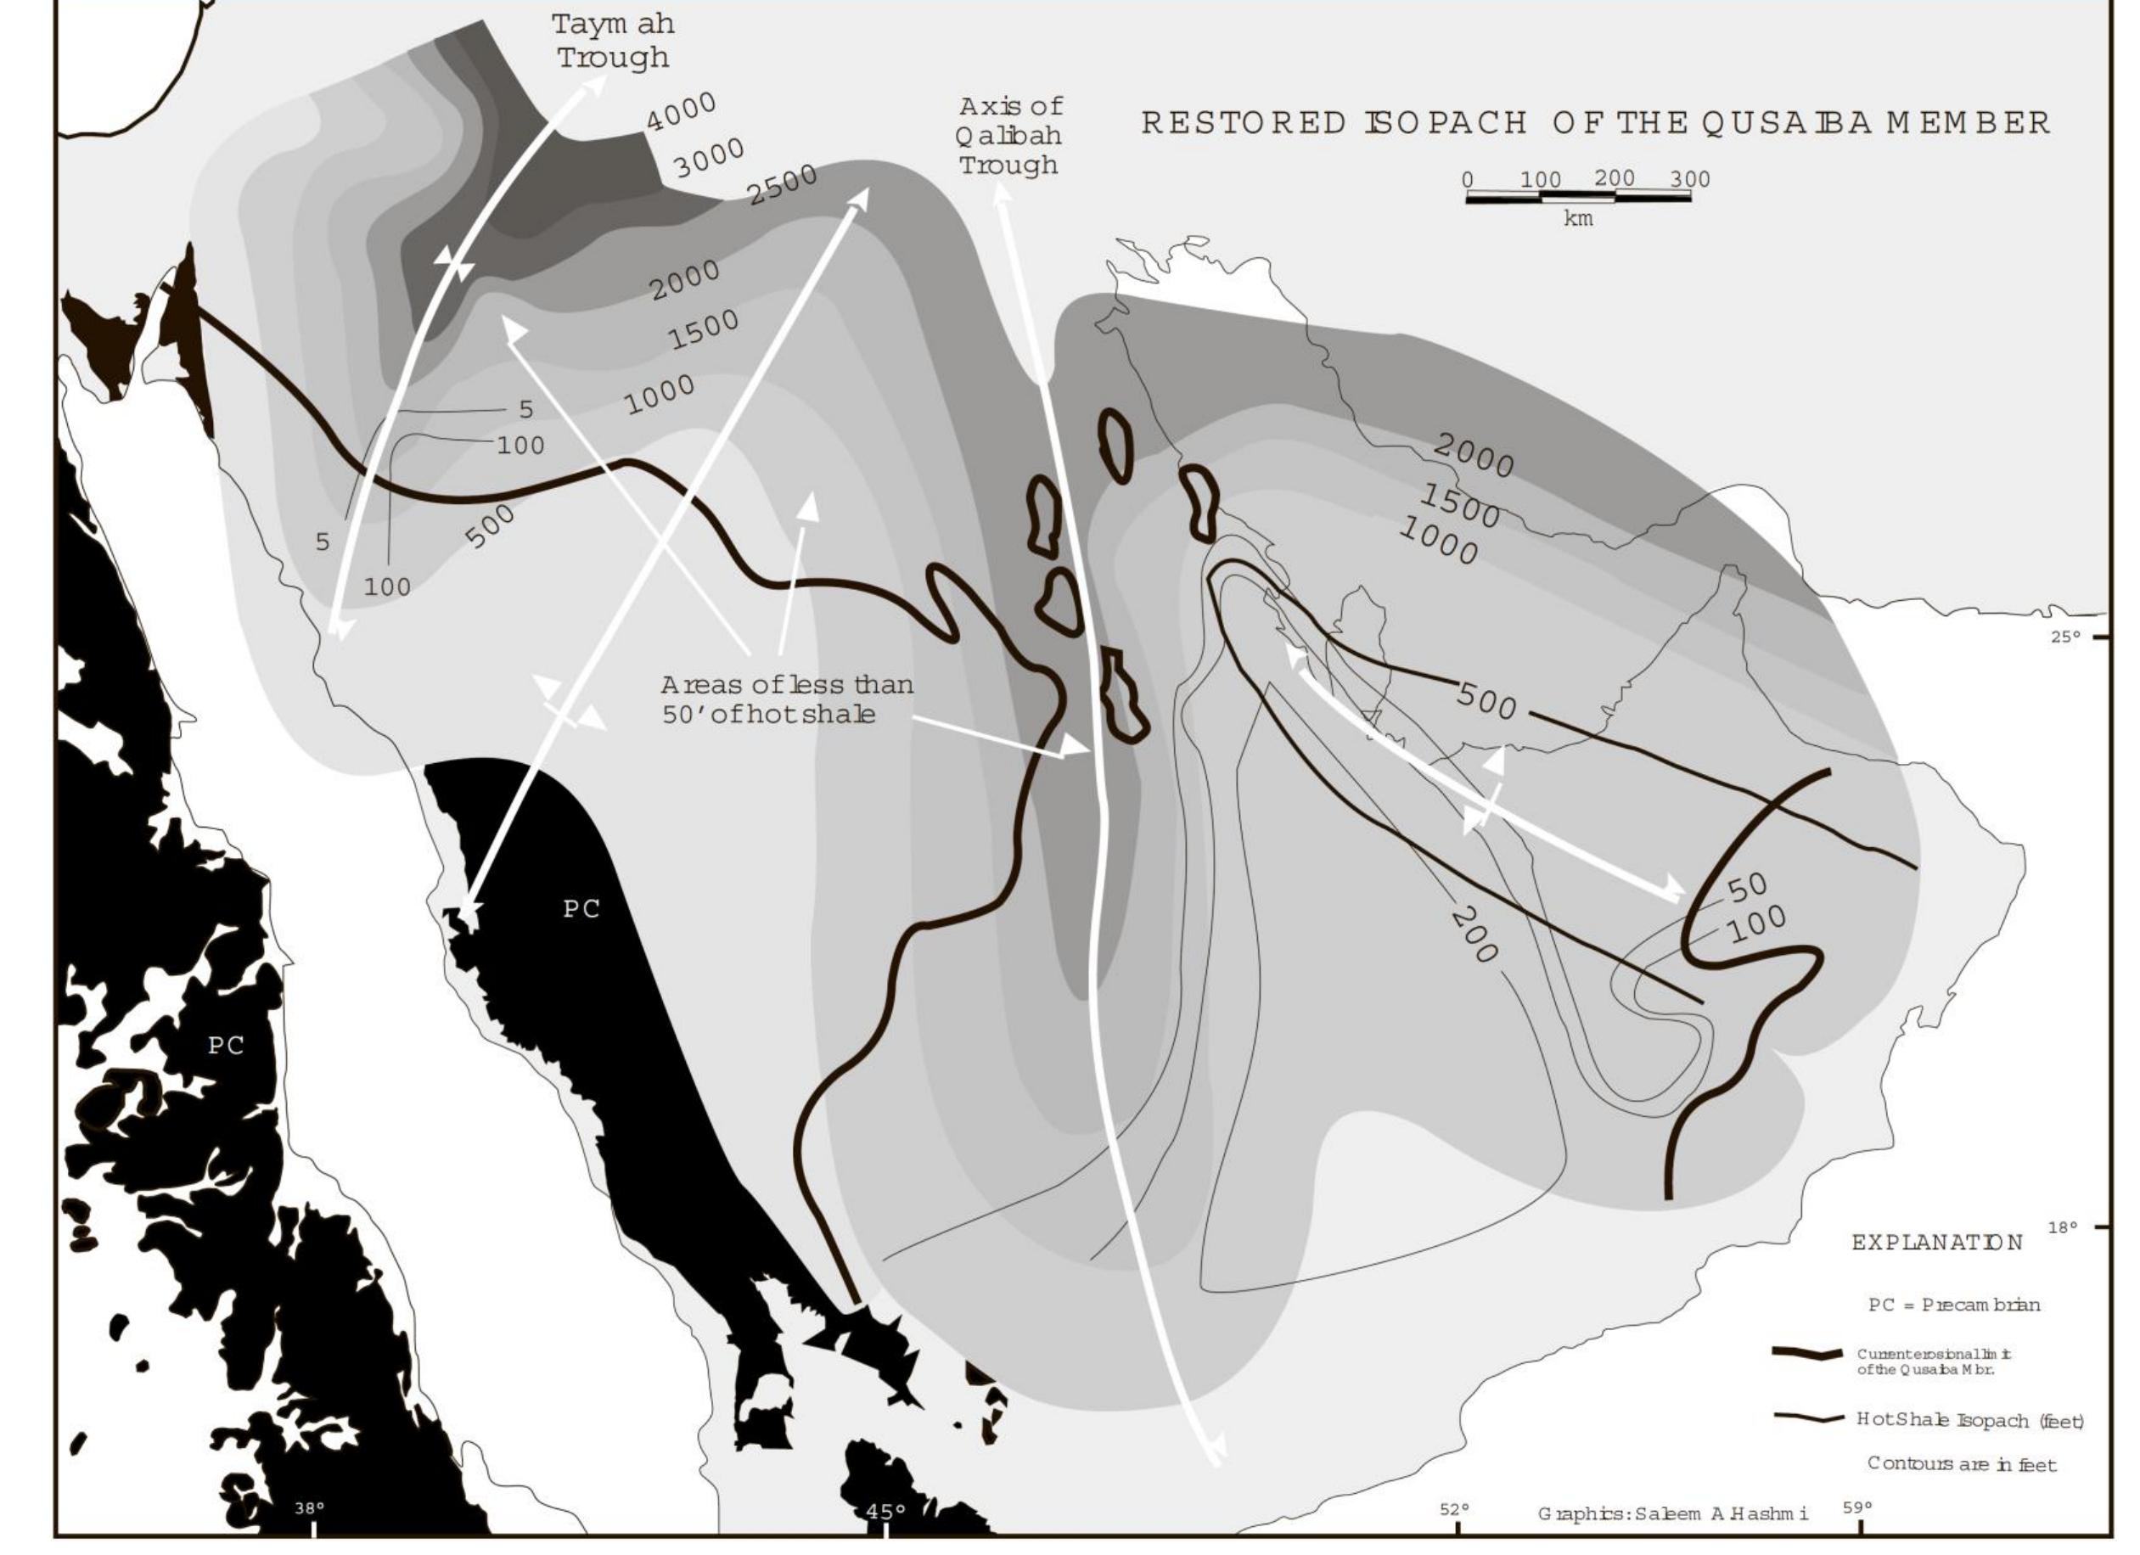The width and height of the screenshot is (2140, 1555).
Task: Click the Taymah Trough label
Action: coord(614,41)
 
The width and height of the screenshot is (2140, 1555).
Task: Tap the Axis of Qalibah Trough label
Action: coord(1009,135)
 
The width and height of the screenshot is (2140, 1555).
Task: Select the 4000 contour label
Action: coord(682,112)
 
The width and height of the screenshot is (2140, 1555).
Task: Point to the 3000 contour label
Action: coord(709,158)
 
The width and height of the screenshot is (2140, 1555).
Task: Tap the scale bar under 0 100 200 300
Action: coord(1578,197)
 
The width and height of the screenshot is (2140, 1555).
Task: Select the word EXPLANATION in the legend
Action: coord(1937,1243)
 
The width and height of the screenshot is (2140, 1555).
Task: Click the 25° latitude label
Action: coord(2064,637)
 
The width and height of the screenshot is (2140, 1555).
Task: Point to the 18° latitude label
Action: coord(2063,1227)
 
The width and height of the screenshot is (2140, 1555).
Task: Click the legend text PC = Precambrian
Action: coord(1954,1305)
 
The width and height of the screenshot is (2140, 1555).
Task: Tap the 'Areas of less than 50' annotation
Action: coord(786,699)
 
